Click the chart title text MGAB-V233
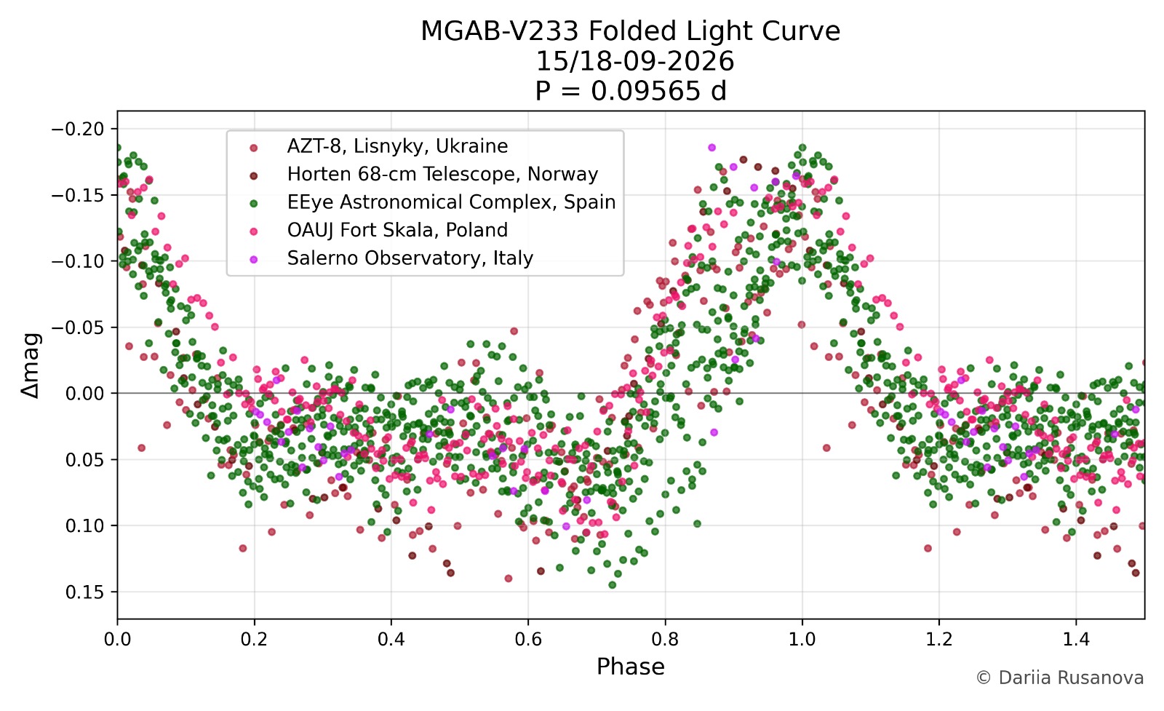click(x=499, y=31)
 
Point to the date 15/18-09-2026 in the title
click(x=634, y=61)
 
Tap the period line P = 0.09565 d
click(x=630, y=92)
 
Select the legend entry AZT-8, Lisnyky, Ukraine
click(x=397, y=146)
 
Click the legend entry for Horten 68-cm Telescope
click(x=443, y=174)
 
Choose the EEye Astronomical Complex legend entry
click(x=452, y=202)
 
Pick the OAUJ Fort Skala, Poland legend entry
click(x=397, y=230)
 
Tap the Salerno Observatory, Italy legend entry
click(x=410, y=258)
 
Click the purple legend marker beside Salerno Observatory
click(x=254, y=259)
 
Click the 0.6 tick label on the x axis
click(x=528, y=639)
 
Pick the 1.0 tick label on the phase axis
click(x=802, y=639)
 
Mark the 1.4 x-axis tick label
click(x=1076, y=639)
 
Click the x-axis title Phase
click(x=630, y=667)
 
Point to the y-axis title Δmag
click(x=31, y=365)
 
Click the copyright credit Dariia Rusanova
click(x=1060, y=678)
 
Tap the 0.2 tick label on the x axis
click(x=254, y=639)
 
